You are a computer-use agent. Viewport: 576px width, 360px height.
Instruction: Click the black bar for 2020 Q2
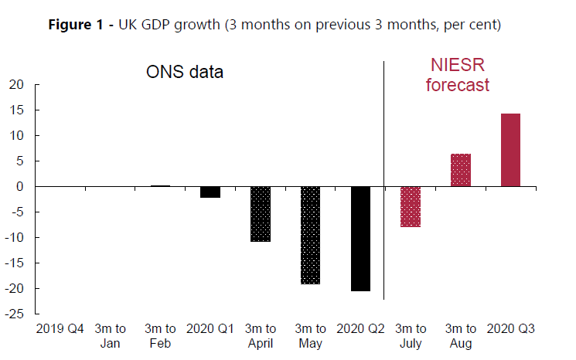[360, 239]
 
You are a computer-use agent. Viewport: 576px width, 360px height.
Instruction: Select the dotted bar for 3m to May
[310, 236]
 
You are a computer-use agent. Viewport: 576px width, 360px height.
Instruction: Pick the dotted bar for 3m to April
[260, 214]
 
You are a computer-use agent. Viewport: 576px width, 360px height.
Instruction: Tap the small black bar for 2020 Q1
[210, 192]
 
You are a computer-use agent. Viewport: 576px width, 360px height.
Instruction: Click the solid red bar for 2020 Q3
[510, 150]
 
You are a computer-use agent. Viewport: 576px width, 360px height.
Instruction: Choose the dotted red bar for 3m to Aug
[461, 170]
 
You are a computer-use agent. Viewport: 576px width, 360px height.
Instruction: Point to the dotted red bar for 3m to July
[410, 206]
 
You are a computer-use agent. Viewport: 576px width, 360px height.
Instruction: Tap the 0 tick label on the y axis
[20, 187]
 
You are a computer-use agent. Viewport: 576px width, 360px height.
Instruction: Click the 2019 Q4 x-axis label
[60, 329]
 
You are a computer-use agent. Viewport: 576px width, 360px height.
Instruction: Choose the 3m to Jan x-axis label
[110, 336]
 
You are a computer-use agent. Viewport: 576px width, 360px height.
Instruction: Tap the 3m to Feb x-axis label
[160, 336]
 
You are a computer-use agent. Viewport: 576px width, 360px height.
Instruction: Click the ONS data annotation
[185, 73]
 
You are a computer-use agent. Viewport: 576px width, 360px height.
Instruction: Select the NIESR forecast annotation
[458, 76]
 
